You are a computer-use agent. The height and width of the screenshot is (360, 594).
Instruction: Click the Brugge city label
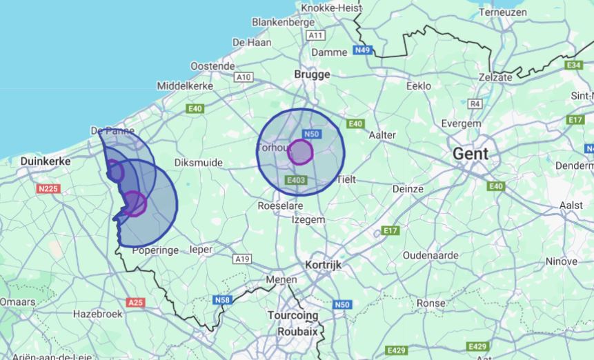click(312, 74)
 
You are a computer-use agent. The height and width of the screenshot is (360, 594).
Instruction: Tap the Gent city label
click(471, 154)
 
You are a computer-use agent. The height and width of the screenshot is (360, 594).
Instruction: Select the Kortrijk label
click(323, 265)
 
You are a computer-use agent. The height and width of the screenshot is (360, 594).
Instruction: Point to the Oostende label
click(212, 66)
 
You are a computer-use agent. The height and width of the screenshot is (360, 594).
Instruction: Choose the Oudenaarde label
click(430, 255)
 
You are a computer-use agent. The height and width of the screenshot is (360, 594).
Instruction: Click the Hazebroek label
click(98, 314)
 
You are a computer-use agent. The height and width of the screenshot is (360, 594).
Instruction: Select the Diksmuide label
click(199, 163)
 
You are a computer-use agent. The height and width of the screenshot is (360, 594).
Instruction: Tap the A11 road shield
click(316, 35)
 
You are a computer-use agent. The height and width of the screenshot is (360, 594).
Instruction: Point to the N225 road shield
click(49, 189)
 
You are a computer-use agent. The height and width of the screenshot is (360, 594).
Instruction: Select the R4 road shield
click(475, 103)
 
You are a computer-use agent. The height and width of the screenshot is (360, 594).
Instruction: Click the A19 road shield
click(242, 259)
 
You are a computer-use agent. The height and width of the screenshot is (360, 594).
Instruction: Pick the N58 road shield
click(222, 300)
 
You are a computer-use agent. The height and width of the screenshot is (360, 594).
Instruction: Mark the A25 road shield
click(136, 302)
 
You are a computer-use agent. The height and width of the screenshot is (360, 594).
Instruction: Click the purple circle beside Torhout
click(300, 152)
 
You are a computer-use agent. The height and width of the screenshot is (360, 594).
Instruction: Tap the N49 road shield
click(363, 50)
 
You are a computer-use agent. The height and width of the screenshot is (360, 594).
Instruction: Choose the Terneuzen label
click(503, 12)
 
